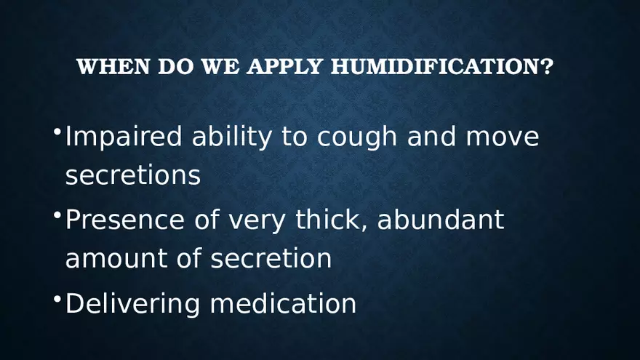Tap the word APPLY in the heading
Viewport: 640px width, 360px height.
click(x=285, y=67)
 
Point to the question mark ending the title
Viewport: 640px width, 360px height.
click(x=548, y=67)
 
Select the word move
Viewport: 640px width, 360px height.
click(x=503, y=137)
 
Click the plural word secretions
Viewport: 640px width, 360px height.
click(x=132, y=175)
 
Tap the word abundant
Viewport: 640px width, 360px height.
click(x=440, y=220)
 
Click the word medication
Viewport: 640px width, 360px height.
click(x=283, y=303)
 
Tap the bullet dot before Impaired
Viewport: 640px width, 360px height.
click(x=57, y=132)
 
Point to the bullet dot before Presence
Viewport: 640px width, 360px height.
click(x=57, y=215)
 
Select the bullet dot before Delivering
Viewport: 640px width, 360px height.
click(x=57, y=299)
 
